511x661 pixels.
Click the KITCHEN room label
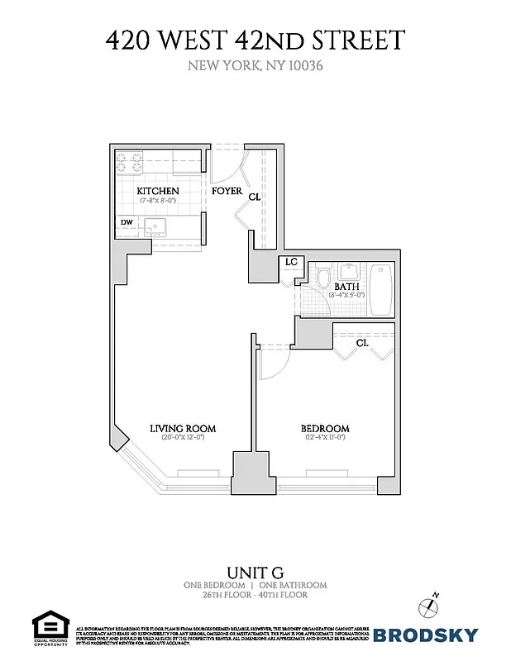click(x=157, y=191)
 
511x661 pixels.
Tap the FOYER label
click(x=226, y=191)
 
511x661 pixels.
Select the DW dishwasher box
click(x=127, y=222)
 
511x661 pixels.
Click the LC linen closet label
click(x=290, y=262)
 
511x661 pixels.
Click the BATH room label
click(x=346, y=287)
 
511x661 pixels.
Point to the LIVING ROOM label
click(x=182, y=428)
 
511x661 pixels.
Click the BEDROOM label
click(x=323, y=428)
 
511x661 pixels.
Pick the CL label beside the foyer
click(x=255, y=197)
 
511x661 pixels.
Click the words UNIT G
click(x=255, y=572)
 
